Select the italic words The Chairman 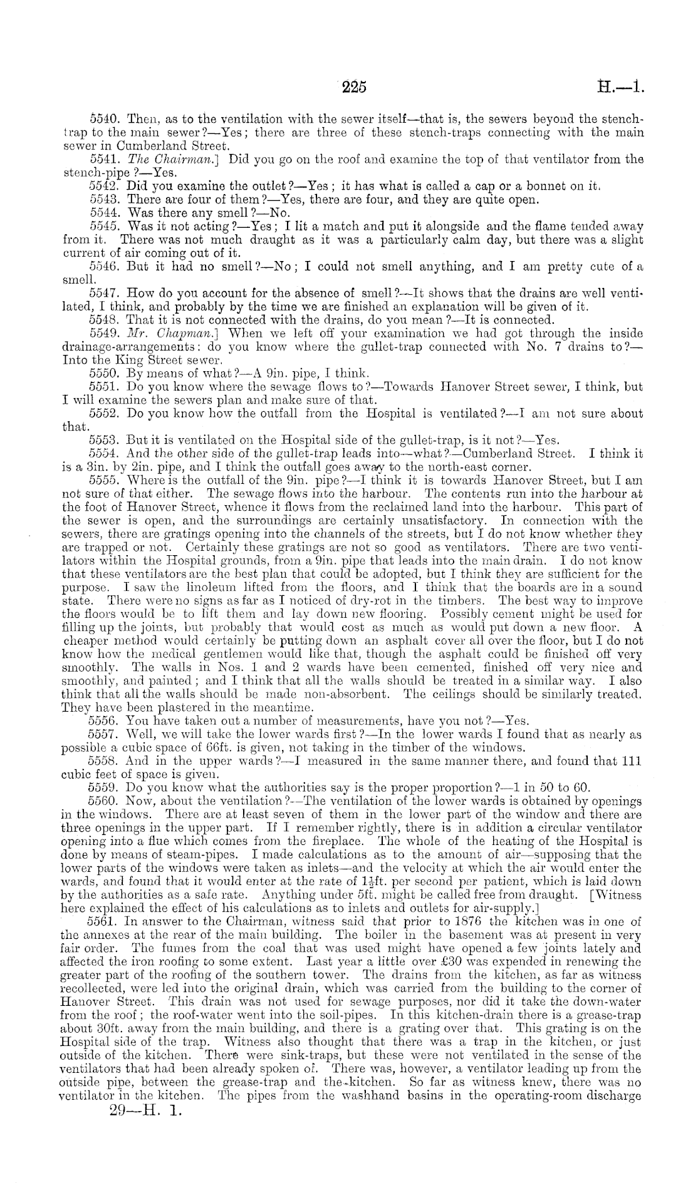click(156, 159)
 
